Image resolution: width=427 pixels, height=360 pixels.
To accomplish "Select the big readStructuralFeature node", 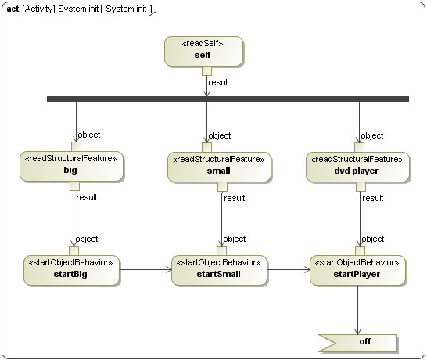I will (71, 166).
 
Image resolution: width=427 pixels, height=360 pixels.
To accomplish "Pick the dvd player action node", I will (357, 166).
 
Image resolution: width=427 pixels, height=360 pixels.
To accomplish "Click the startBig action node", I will (71, 268).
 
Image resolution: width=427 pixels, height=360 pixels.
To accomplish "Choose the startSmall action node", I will (219, 268).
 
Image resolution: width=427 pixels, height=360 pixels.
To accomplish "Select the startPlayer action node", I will (357, 268).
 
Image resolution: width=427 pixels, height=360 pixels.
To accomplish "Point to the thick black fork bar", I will (228, 99).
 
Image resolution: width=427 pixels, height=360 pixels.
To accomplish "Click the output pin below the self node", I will (206, 71).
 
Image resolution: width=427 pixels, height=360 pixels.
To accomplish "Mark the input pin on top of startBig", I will (74, 250).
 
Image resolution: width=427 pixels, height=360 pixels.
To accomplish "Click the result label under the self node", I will (219, 81).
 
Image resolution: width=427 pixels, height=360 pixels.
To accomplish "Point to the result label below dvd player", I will (373, 198).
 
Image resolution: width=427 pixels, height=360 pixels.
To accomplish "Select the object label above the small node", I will (221, 135).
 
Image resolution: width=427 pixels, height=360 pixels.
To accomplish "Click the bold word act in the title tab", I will (13, 8).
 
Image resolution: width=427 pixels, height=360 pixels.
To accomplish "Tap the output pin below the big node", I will (75, 186).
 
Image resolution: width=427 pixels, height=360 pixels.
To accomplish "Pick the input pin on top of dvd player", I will (359, 146).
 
